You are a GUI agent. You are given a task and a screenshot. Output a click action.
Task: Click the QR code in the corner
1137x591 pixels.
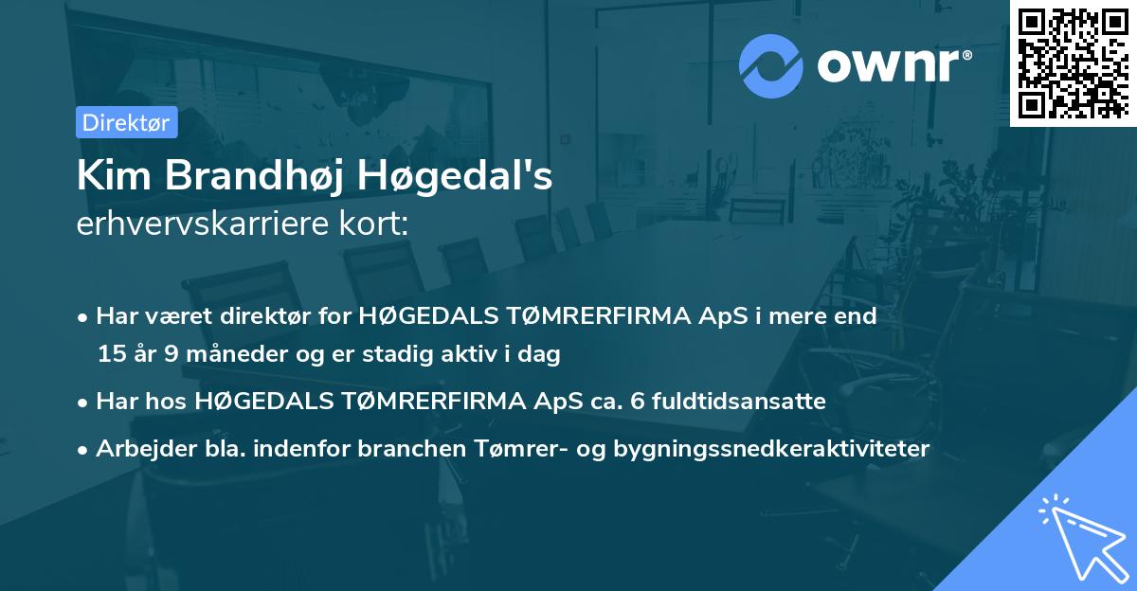1073,63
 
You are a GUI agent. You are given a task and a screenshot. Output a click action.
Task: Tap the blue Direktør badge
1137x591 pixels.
126,121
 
